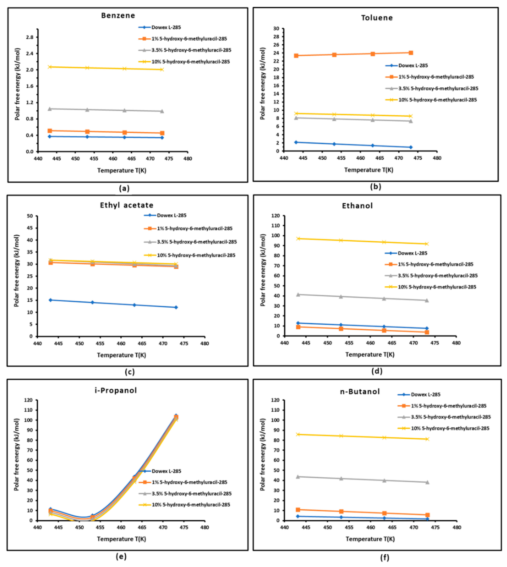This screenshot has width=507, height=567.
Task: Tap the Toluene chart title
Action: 377,18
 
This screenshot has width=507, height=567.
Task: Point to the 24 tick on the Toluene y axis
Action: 276,53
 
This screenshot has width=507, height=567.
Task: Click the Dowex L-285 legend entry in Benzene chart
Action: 166,27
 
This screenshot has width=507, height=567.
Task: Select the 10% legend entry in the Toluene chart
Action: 437,100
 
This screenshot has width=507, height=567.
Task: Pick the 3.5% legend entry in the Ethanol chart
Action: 437,276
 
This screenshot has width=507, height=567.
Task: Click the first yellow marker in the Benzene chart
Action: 50,67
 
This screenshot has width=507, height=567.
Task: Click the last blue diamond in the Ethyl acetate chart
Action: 176,307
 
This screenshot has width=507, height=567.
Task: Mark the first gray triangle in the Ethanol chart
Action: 298,295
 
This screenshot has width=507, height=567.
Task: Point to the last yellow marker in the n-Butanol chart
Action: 427,439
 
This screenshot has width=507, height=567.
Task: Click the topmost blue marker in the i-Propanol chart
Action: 176,415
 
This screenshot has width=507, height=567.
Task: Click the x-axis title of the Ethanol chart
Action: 370,354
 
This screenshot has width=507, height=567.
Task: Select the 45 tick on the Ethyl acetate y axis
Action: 29,228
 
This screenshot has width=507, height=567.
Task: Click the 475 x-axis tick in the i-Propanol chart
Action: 184,527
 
